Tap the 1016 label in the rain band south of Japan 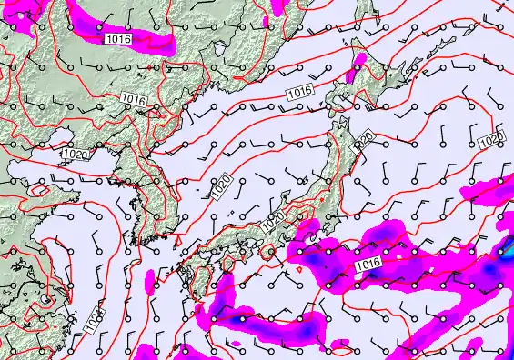[368, 264]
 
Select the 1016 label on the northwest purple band [116, 38]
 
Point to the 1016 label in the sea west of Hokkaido [299, 92]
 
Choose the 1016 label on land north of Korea [134, 99]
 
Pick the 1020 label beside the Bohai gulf [76, 155]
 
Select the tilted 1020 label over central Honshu [273, 221]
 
